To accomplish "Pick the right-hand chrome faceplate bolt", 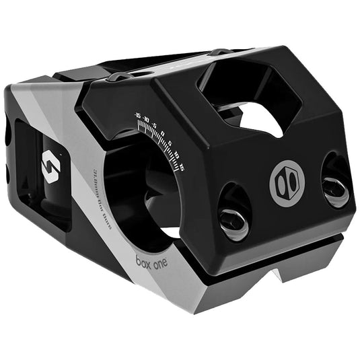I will (335, 186).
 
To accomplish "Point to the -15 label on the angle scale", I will (137, 116).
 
